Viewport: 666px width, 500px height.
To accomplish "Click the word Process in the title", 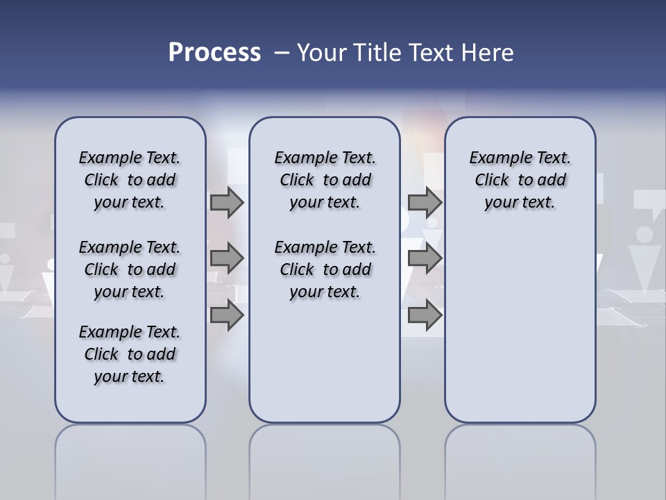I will (x=214, y=53).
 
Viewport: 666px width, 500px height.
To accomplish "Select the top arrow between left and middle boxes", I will (x=227, y=203).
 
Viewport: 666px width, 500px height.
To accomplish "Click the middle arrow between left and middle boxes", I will (x=227, y=259).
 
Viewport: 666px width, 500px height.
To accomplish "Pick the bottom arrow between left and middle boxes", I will (x=227, y=315).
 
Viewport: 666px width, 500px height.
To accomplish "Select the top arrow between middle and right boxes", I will (x=425, y=203).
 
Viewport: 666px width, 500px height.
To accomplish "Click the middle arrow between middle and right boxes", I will (x=425, y=259).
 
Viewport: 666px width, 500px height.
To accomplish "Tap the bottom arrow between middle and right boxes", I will (x=425, y=315).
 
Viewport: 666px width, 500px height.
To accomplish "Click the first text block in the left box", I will (x=130, y=180).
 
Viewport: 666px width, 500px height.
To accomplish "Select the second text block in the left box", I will (x=130, y=269).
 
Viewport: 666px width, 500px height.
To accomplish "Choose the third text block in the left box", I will (x=130, y=354).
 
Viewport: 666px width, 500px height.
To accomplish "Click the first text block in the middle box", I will (x=325, y=180).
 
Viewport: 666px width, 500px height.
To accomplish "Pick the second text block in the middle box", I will (x=325, y=269).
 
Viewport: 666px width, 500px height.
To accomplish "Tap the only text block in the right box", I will (x=520, y=180).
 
